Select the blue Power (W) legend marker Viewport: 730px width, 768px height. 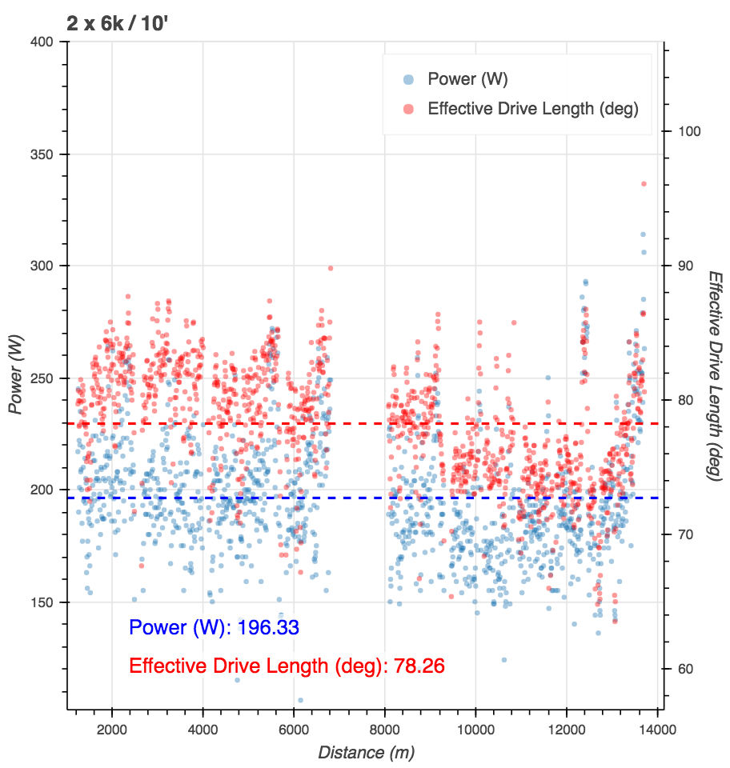click(408, 78)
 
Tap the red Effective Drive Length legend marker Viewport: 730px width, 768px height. click(408, 109)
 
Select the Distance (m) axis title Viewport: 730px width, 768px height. click(366, 752)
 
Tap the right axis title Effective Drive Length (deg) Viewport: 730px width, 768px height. click(715, 375)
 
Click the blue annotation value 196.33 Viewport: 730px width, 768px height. click(268, 627)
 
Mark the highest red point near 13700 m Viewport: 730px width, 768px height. click(643, 184)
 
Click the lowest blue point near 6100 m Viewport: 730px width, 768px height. click(300, 700)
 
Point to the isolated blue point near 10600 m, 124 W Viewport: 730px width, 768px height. click(504, 660)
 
